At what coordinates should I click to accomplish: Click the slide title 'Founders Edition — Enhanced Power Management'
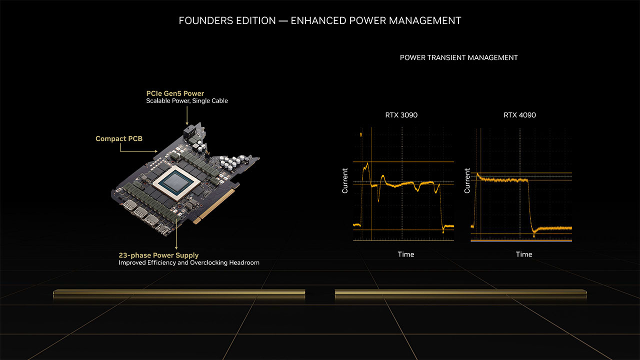[320, 20]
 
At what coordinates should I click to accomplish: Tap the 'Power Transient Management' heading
[458, 57]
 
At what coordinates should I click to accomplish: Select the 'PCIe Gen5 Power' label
[175, 93]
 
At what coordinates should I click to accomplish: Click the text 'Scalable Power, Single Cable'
[187, 101]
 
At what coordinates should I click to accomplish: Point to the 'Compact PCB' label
[119, 138]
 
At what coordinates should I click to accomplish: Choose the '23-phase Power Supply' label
[158, 255]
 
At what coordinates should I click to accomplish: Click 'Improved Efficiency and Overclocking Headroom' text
[189, 262]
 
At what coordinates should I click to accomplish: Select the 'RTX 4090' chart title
[519, 115]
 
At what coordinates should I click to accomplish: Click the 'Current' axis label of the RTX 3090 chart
[345, 181]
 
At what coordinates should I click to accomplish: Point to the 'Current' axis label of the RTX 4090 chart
[467, 181]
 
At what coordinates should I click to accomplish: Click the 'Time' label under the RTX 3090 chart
[405, 254]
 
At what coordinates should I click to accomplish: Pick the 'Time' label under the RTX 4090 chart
[523, 254]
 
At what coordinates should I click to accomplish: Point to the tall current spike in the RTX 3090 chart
[367, 165]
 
